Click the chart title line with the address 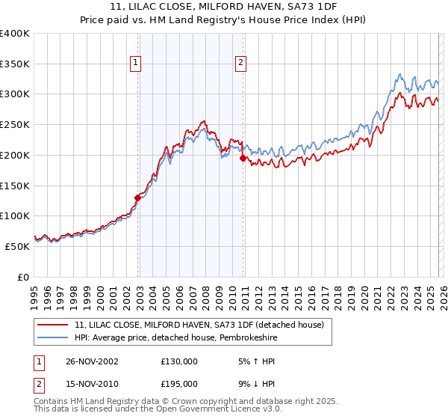pos(224,7)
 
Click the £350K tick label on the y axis pos(15,64)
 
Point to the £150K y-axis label pos(15,186)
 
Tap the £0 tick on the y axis pos(23,277)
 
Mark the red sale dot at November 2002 pos(137,198)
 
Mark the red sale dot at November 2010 pos(243,158)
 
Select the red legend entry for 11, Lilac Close pos(198,325)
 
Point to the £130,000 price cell pos(179,361)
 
